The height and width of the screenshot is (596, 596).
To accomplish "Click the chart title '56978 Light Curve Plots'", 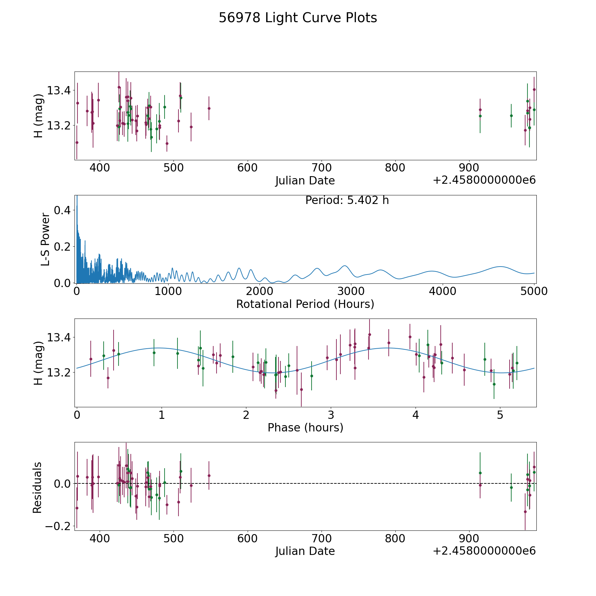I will (x=298, y=18).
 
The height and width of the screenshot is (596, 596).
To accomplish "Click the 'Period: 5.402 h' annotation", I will (x=347, y=200).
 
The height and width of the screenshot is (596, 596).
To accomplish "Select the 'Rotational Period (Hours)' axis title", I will (x=305, y=304).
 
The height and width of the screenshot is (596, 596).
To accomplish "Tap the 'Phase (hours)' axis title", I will (x=305, y=427).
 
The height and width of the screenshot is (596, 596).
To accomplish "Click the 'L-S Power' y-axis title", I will (x=45, y=239).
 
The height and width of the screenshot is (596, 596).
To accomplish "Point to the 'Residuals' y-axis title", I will (x=37, y=487).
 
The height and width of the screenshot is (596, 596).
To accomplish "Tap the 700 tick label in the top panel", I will (x=322, y=168).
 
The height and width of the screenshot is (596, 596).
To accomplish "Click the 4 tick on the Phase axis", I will (x=416, y=415).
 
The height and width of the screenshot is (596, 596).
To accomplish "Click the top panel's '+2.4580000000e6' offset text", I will (x=484, y=180).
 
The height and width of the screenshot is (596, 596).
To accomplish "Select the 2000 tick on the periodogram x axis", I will (x=259, y=291).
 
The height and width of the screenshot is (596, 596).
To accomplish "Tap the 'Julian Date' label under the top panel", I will (x=305, y=181).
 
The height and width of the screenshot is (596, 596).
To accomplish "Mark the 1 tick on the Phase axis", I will (x=162, y=415).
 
